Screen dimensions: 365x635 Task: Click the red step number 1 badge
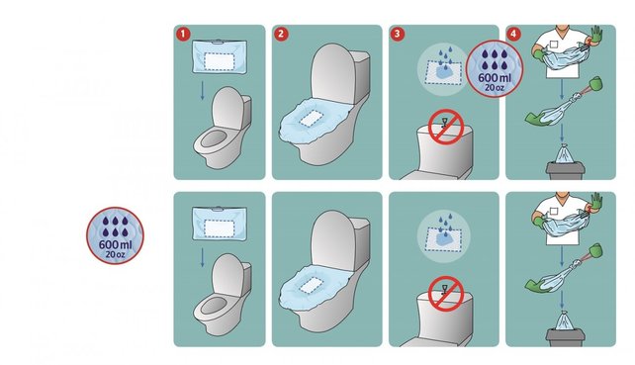(x=182, y=34)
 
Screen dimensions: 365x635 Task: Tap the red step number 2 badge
(x=281, y=34)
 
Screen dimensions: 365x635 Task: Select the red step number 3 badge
(x=398, y=34)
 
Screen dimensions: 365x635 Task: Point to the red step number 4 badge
(x=514, y=34)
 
